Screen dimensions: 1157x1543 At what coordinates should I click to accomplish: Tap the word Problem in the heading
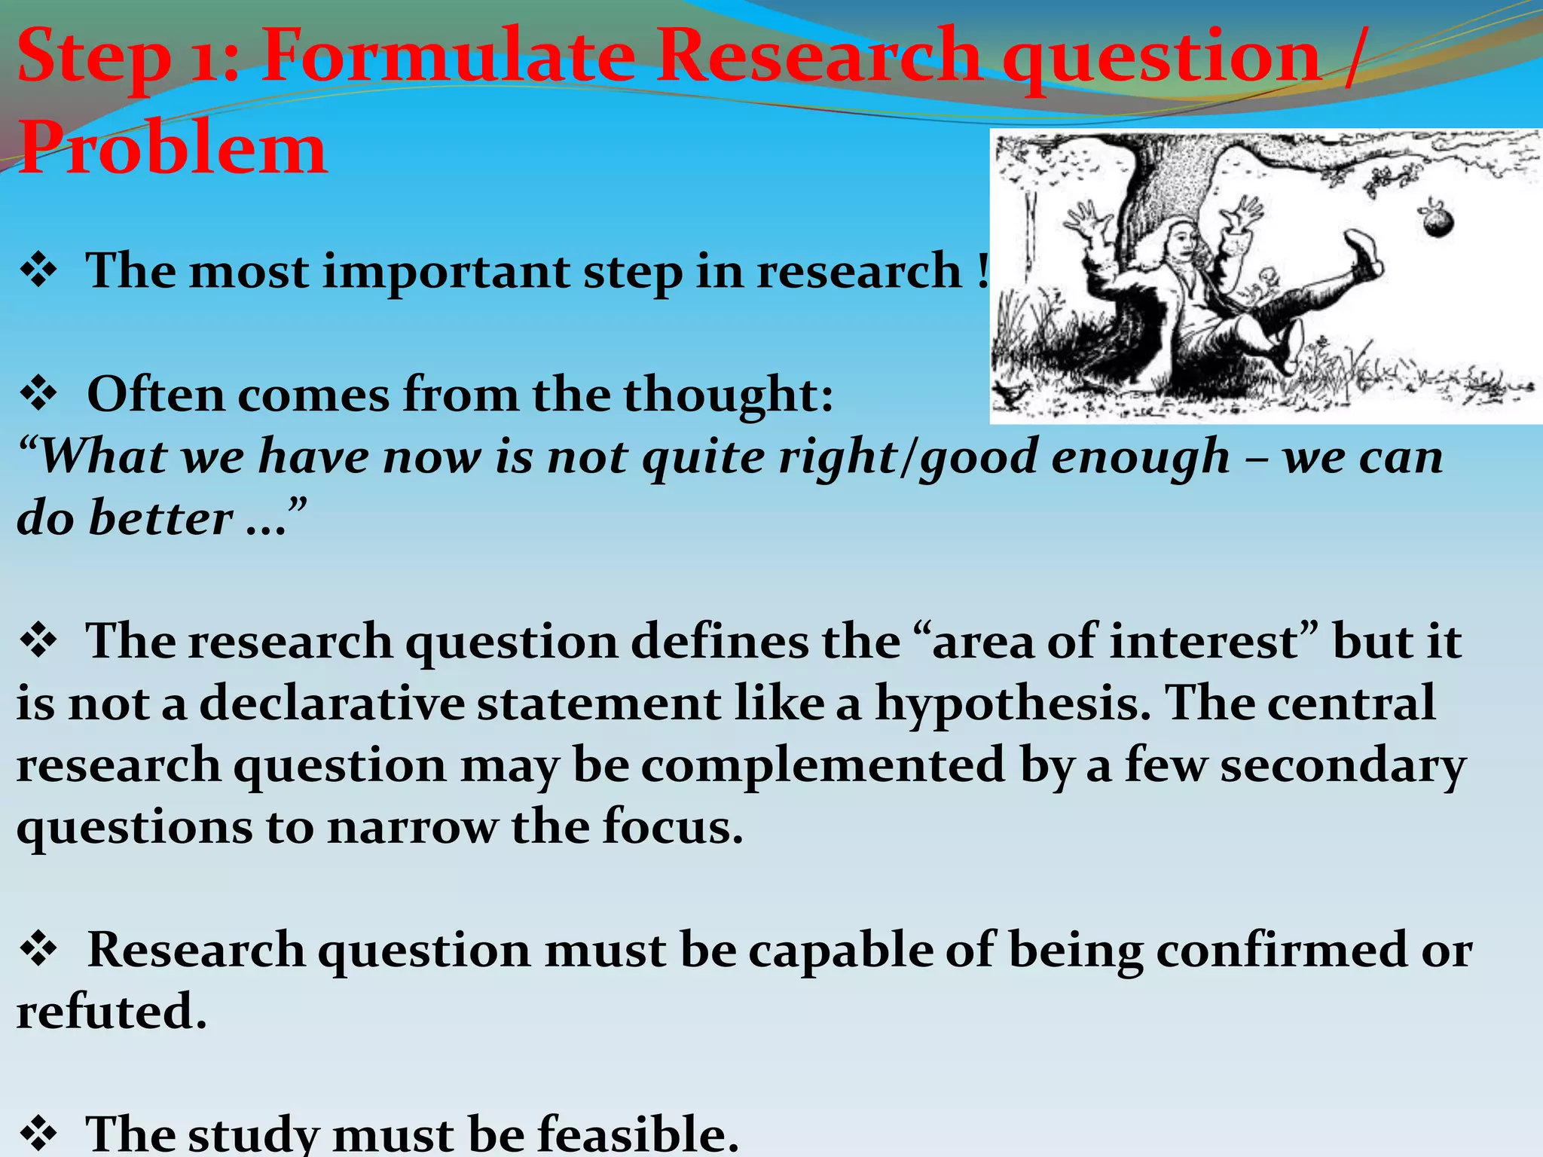click(x=173, y=148)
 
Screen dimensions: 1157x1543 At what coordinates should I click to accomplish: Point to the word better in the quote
click(x=160, y=518)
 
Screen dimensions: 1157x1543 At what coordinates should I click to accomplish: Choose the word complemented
click(x=823, y=765)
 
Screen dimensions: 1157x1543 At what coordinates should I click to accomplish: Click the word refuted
click(x=111, y=1012)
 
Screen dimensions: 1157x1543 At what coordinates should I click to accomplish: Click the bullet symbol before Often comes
click(x=39, y=393)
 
